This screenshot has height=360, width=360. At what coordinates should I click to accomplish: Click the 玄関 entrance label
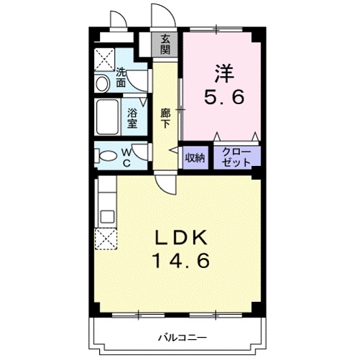[x=166, y=44]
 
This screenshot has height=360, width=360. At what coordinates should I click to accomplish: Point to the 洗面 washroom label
[x=121, y=77]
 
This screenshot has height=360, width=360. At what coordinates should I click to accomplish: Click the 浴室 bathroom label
[x=132, y=117]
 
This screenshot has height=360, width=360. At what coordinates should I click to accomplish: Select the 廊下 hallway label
[x=165, y=118]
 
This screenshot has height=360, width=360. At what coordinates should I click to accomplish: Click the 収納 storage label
[x=195, y=157]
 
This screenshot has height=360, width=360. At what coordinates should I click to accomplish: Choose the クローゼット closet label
[x=236, y=157]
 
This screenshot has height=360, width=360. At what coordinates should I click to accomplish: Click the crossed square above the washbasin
[x=104, y=59]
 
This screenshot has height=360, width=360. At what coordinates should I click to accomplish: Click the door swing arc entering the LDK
[x=167, y=189]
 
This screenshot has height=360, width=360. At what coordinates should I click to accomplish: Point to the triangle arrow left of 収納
[x=173, y=149]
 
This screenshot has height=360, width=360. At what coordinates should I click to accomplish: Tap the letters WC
[x=126, y=156]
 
